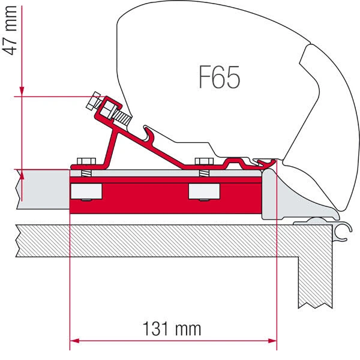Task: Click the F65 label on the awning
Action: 219,78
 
